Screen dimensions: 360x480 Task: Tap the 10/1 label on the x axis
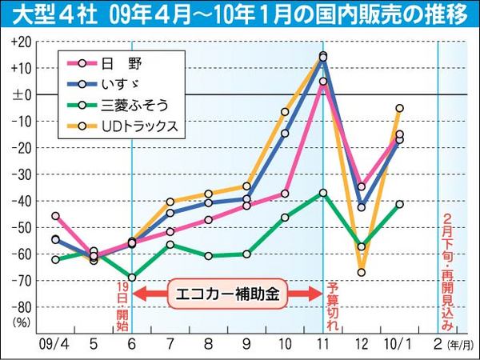[398, 342]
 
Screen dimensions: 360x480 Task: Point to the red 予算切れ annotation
[333, 307]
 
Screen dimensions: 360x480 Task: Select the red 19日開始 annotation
[122, 306]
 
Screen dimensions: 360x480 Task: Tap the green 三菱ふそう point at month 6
[132, 277]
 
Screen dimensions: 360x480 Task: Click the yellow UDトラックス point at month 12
[362, 272]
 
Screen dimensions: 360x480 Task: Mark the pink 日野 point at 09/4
[55, 216]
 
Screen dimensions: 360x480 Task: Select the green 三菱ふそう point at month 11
[322, 193]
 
